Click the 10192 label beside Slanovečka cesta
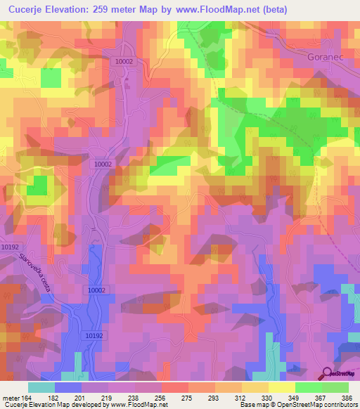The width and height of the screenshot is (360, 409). tap(10, 247)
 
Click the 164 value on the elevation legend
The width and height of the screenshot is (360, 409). tap(29, 397)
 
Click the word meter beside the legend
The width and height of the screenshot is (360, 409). tap(11, 397)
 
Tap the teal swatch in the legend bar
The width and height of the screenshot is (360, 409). tap(41, 387)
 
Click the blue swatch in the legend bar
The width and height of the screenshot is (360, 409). tap(68, 387)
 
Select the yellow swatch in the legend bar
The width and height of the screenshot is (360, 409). tap(281, 387)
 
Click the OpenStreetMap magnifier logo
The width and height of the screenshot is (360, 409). tap(326, 373)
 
